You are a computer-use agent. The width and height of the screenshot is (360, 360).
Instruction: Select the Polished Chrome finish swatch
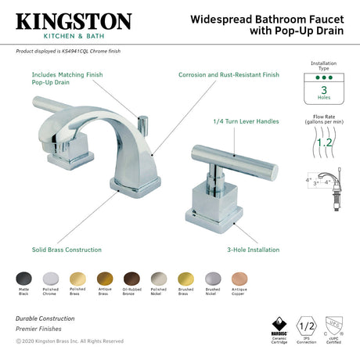pos(50,278)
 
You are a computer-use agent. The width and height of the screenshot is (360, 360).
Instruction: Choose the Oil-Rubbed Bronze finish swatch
pos(132,278)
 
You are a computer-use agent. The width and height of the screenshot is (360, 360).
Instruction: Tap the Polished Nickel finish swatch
pos(159,278)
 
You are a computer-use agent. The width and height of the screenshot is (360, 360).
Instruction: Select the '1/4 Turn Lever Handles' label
pos(245,121)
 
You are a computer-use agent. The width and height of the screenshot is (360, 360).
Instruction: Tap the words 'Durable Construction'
pos(45,319)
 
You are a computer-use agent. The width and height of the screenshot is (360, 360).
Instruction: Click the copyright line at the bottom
pos(69,341)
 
